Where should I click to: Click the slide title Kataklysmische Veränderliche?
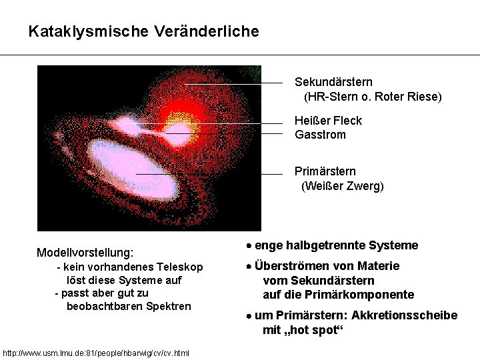143,31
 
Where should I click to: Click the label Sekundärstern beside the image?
333,82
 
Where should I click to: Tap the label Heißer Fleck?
328,121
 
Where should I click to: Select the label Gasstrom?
320,135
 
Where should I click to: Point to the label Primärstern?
325,171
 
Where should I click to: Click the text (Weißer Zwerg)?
343,186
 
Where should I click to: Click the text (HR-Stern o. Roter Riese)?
373,97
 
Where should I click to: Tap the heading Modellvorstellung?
85,253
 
